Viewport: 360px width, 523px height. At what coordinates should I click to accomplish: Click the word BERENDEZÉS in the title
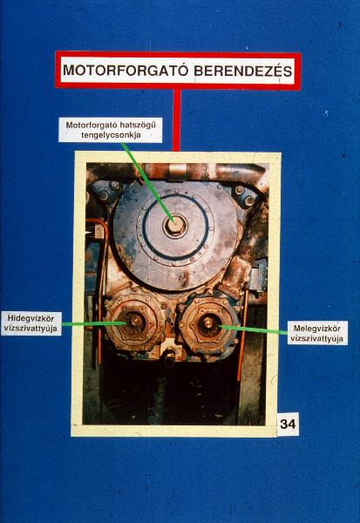point(243,71)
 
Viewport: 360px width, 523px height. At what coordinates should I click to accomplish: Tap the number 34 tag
point(288,424)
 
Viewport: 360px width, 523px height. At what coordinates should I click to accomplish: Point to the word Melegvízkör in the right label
point(317,329)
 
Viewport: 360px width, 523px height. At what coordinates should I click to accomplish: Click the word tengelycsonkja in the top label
point(111,135)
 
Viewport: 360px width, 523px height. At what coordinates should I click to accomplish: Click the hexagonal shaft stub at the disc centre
point(175,226)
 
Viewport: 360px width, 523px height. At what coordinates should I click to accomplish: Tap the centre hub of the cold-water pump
point(135,322)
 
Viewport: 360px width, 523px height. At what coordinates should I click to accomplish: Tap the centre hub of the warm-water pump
point(208,323)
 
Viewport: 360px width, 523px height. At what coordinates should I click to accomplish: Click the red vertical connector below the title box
point(176,119)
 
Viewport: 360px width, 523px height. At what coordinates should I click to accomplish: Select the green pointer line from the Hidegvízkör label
point(94,323)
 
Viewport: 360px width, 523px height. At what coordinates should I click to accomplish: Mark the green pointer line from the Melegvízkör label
point(254,329)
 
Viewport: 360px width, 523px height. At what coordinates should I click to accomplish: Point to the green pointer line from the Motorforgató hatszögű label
point(147,183)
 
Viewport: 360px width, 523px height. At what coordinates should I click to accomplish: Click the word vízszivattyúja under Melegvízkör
point(317,339)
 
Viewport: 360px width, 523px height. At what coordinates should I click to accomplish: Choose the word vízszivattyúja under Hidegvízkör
point(31,329)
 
